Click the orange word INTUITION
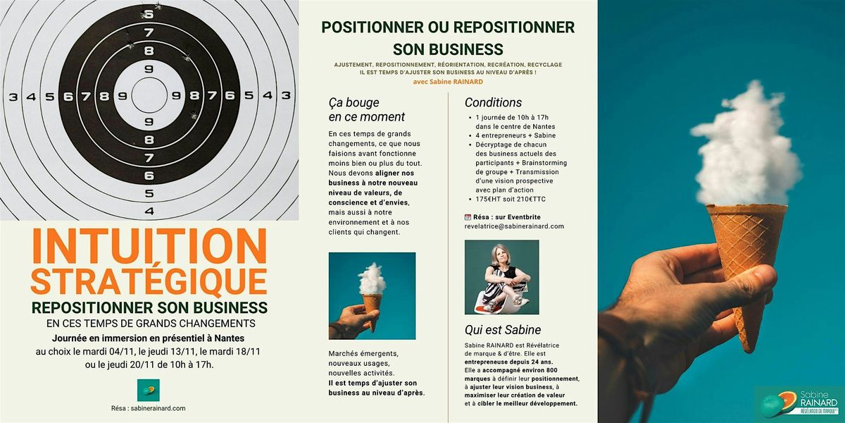pyautogui.click(x=149, y=246)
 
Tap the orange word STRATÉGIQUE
pyautogui.click(x=149, y=281)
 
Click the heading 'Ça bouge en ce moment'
pyautogui.click(x=366, y=109)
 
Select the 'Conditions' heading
pyautogui.click(x=493, y=102)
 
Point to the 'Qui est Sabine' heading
pyautogui.click(x=503, y=329)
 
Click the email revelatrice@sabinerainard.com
pyautogui.click(x=515, y=226)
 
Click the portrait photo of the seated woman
pyautogui.click(x=501, y=277)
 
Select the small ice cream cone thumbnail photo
pyautogui.click(x=372, y=296)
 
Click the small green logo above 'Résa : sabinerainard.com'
pyautogui.click(x=148, y=390)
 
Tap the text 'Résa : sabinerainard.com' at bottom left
pyautogui.click(x=148, y=408)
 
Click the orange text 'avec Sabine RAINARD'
pyautogui.click(x=448, y=81)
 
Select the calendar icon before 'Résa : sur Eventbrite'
pyautogui.click(x=468, y=216)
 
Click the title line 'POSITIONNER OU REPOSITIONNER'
pyautogui.click(x=448, y=27)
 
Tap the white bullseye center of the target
pyautogui.click(x=149, y=96)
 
